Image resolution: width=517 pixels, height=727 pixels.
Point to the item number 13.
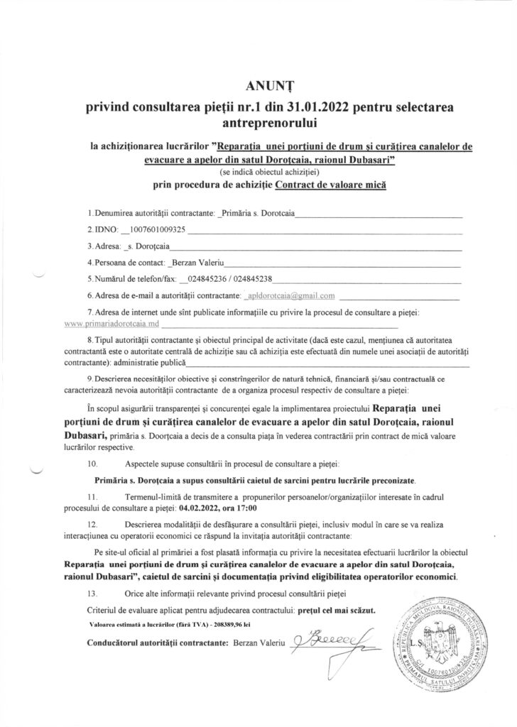pos(91,593)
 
